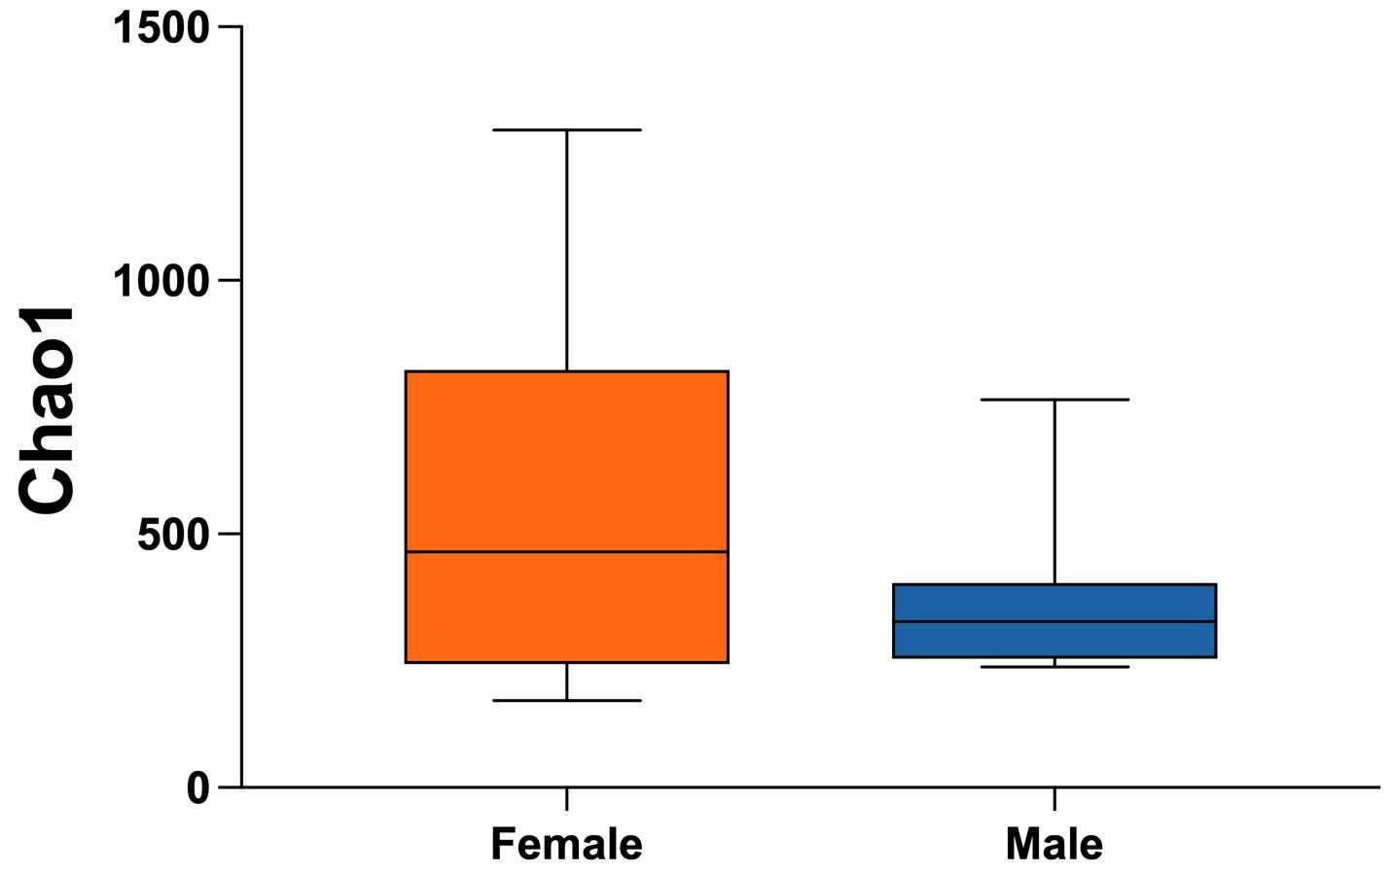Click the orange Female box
[566, 457]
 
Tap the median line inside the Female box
[566, 551]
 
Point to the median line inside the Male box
[1054, 621]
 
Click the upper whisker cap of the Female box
[566, 129]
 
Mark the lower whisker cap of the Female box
[566, 700]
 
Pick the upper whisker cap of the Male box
[1054, 400]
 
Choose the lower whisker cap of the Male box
[1054, 667]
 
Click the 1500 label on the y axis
[161, 27]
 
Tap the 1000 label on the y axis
[161, 281]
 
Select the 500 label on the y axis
[174, 534]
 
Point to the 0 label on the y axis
[198, 787]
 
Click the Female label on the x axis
[566, 843]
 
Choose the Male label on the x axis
[1054, 843]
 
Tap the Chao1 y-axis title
[47, 410]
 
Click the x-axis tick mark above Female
[566, 798]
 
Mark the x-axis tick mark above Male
[1054, 798]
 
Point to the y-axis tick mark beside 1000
[230, 281]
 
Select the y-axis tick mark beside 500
[230, 534]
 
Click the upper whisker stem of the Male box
[1054, 491]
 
